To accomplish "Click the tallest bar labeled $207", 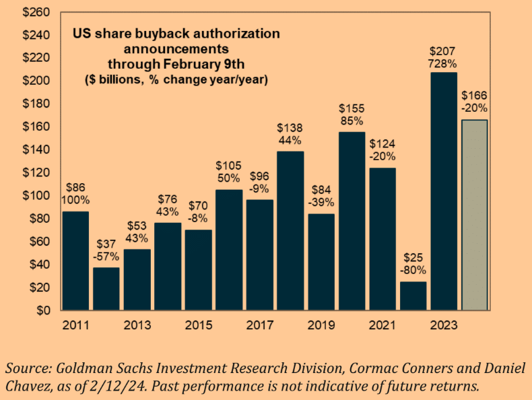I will click(x=444, y=191).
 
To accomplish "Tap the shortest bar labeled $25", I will click(x=413, y=296).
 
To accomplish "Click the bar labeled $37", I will click(x=106, y=289).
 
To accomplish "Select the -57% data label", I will click(x=106, y=257).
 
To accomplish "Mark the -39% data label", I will click(x=321, y=203).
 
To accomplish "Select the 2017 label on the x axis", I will click(x=259, y=325).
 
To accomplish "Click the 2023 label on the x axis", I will click(x=443, y=325).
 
